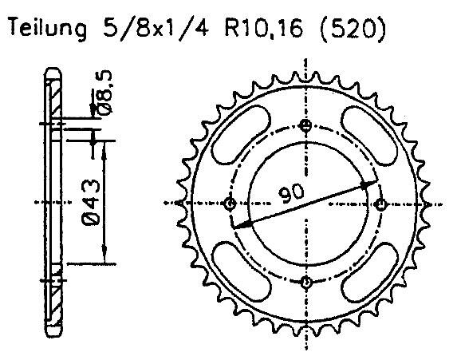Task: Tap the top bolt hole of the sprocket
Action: (306, 125)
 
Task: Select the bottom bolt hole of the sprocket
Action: (306, 281)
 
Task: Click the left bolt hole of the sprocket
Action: (230, 204)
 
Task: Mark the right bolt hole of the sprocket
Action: (384, 204)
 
